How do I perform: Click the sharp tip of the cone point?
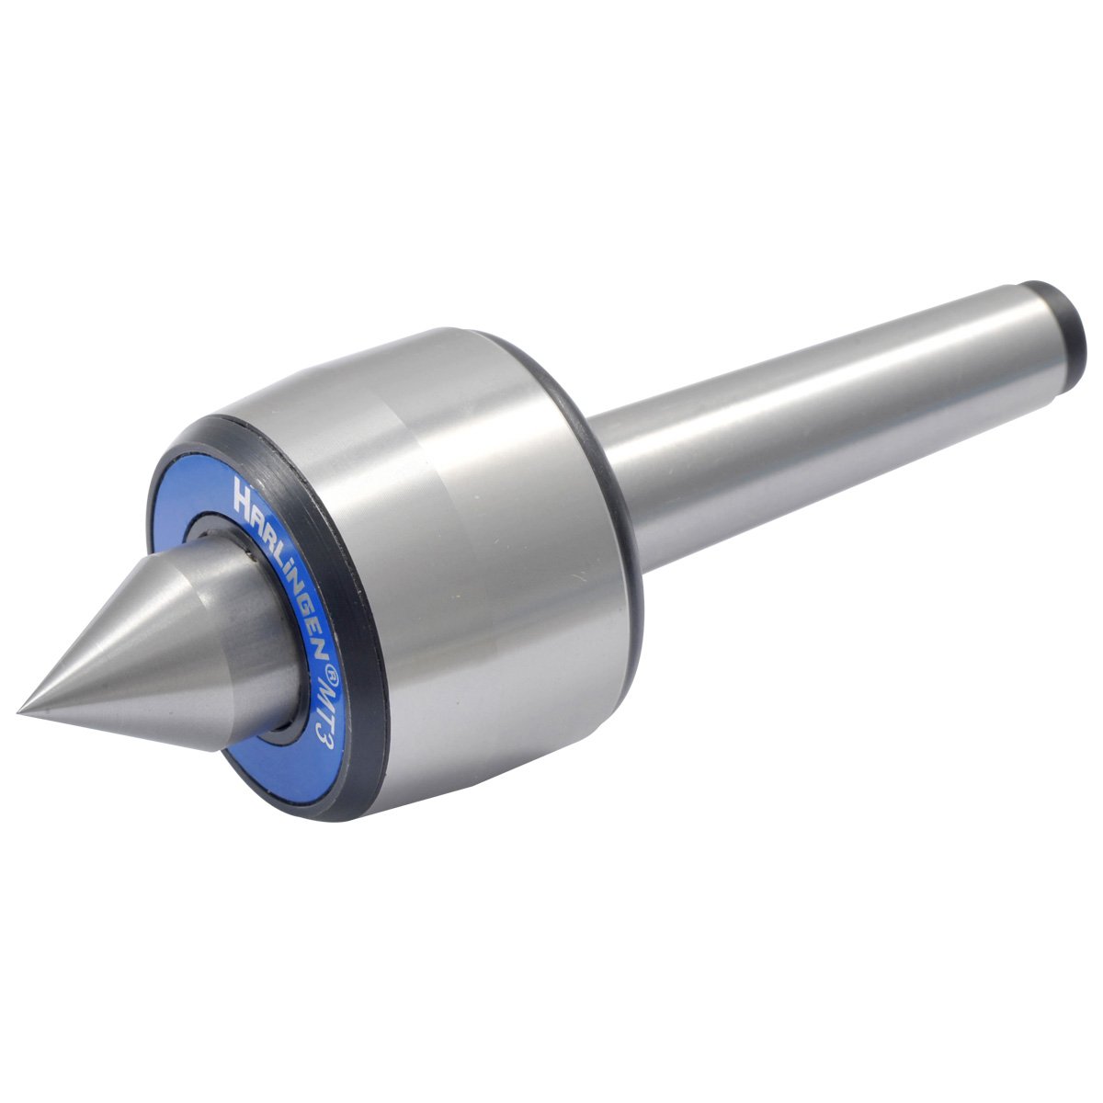point(18,711)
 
